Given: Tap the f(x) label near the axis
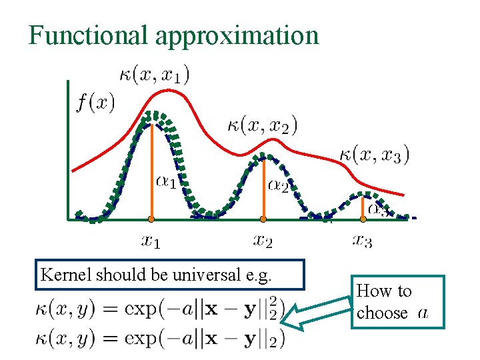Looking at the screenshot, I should click(x=95, y=103).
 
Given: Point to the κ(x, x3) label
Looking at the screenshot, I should click(x=374, y=154).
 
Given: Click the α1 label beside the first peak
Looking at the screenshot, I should click(x=167, y=181).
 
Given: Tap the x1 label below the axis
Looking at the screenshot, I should click(x=151, y=240).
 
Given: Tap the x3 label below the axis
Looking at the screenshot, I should click(x=363, y=240).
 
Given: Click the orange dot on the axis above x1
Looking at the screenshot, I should click(x=151, y=219).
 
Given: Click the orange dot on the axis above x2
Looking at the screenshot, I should click(x=263, y=219).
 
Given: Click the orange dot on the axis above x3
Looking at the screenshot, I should click(x=363, y=219).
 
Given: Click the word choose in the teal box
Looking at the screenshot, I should click(x=382, y=313).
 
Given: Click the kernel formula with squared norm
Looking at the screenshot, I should click(x=159, y=309).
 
